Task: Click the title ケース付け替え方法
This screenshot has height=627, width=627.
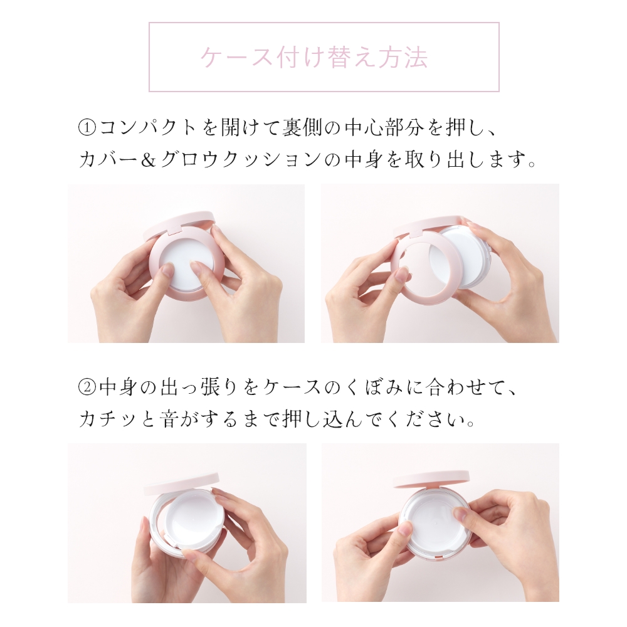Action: coord(314,57)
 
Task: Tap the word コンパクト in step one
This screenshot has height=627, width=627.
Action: coord(148,129)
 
